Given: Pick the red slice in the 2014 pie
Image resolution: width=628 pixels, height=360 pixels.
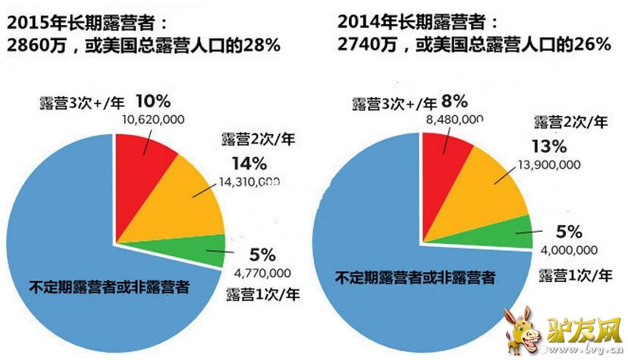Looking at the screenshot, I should [444, 163].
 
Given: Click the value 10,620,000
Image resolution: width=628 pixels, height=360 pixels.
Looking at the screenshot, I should [158, 120].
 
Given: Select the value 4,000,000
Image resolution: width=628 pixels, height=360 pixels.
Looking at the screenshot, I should [564, 249].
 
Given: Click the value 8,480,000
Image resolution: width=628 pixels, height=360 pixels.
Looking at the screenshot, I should [456, 119].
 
